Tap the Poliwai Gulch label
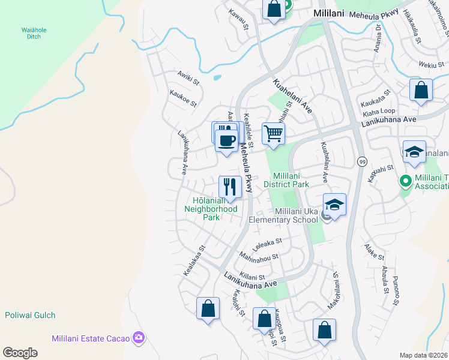[x=30, y=315]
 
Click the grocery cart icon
[x=273, y=133]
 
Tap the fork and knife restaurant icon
[x=230, y=186]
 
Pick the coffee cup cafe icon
[x=226, y=141]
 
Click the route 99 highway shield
[x=362, y=162]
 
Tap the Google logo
[x=20, y=352]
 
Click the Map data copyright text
[x=424, y=355]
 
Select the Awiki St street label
[x=187, y=77]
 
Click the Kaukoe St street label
[x=183, y=99]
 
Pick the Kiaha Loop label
[x=379, y=112]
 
